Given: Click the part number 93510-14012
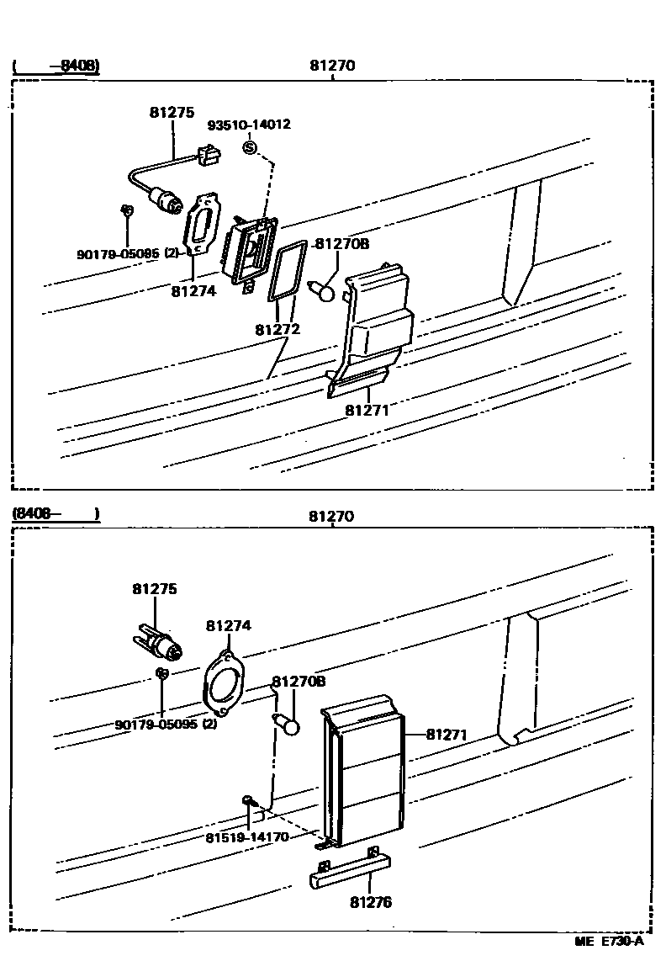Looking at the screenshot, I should coord(249,125).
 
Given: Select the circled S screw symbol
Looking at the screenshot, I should coord(249,148).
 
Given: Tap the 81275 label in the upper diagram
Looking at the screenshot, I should coord(172,112).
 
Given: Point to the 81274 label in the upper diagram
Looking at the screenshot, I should coord(193,291).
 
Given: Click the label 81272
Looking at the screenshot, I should coord(277,330).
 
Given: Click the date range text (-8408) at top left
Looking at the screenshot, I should coord(55,66).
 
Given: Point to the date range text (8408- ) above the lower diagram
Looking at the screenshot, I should coord(55,512).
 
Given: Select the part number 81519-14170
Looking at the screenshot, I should coord(246,837).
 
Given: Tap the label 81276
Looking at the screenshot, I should coord(371,903).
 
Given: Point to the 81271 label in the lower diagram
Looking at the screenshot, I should coord(446,735).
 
